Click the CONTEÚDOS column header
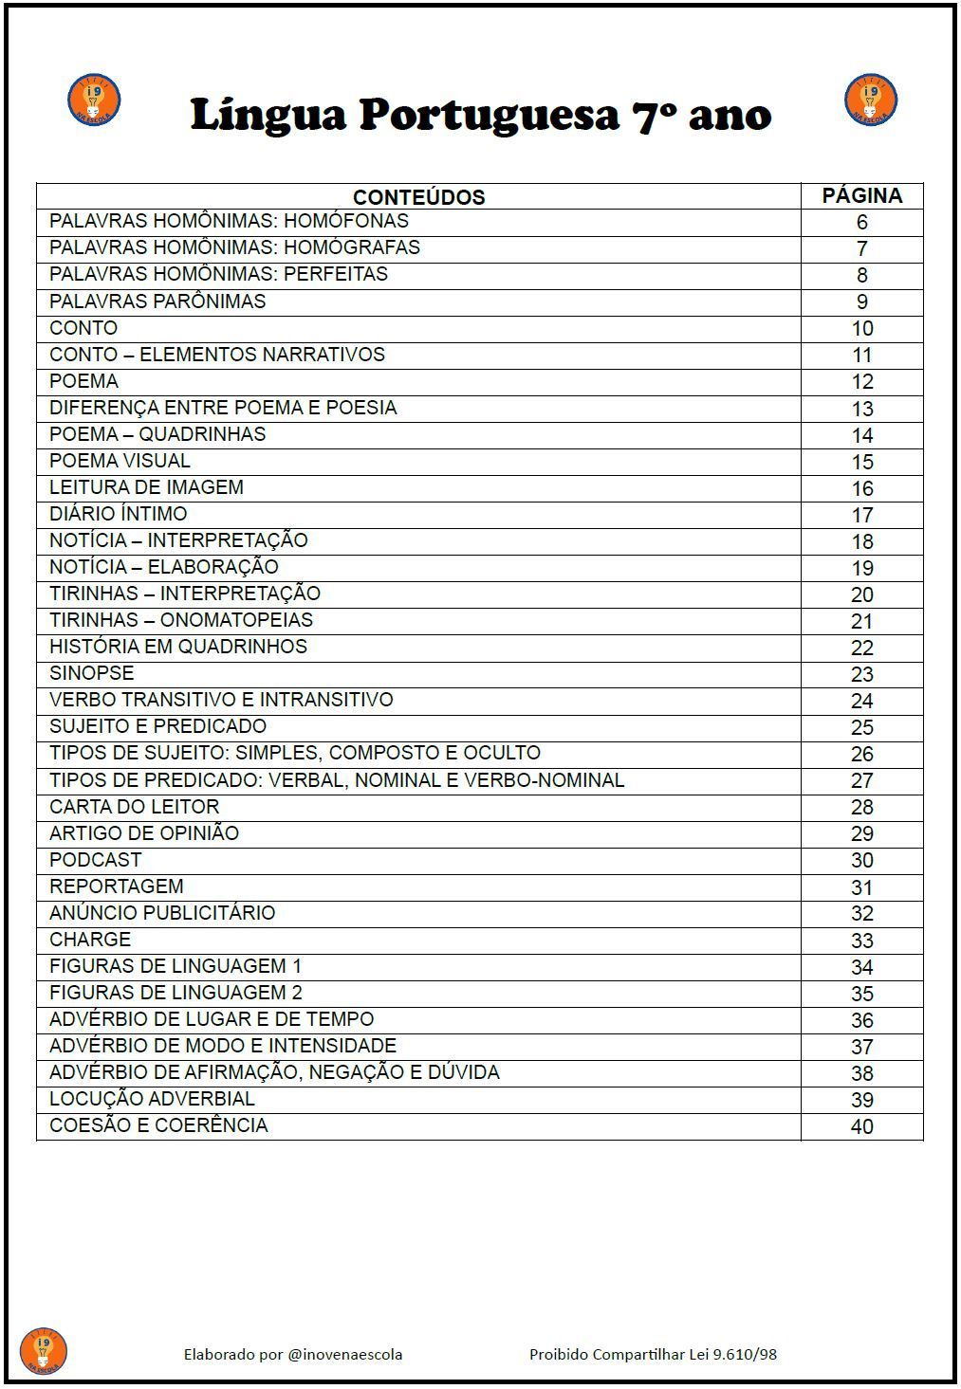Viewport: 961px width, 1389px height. point(418,197)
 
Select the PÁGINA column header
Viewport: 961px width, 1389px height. point(861,196)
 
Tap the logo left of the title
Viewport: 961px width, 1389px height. point(94,100)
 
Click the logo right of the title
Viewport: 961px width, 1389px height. point(870,100)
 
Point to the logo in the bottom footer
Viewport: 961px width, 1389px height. point(43,1351)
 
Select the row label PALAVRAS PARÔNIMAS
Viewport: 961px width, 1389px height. point(157,302)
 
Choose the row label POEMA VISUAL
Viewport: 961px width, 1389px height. point(120,461)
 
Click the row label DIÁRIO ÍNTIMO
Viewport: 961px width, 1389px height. point(119,514)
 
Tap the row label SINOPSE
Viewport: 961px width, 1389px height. point(92,673)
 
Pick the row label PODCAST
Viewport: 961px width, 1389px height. point(96,860)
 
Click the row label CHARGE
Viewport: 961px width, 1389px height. point(90,940)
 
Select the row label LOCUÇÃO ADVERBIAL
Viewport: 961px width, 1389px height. point(152,1099)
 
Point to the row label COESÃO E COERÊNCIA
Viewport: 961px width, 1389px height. point(158,1125)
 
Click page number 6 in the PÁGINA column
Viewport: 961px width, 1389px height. point(861,223)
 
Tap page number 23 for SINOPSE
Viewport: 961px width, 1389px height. point(861,674)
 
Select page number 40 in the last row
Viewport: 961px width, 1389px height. point(861,1126)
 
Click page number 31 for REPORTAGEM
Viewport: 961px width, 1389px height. point(861,887)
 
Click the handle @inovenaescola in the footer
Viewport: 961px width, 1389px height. point(345,1354)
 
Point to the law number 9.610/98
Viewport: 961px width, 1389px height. point(745,1354)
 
